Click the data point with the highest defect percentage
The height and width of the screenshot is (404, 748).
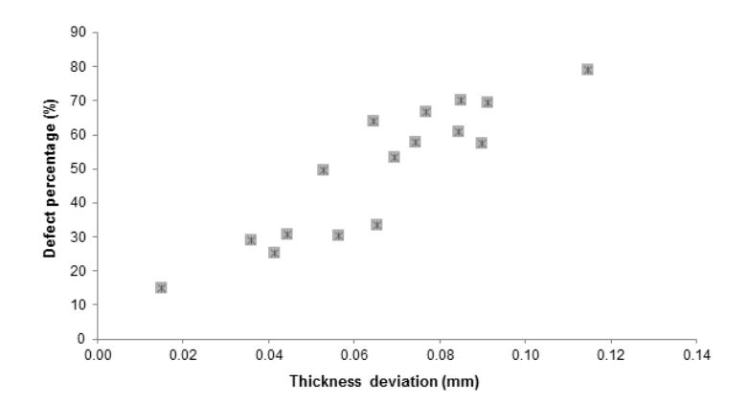click(x=587, y=70)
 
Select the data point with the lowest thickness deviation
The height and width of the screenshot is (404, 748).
click(x=161, y=287)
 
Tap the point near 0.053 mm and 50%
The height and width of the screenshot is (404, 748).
click(x=323, y=169)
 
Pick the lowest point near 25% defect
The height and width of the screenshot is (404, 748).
click(x=274, y=253)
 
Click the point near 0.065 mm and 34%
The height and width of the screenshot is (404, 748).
click(x=376, y=225)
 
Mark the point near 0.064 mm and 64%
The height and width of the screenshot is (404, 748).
click(x=374, y=121)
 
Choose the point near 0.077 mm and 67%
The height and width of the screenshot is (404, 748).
click(x=425, y=112)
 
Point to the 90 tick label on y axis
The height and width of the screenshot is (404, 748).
click(x=79, y=32)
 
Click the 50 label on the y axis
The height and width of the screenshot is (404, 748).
click(x=79, y=168)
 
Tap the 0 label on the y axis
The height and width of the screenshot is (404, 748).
click(x=81, y=339)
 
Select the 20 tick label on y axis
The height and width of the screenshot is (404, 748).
click(x=79, y=270)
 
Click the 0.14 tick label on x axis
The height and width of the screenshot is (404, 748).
click(x=696, y=355)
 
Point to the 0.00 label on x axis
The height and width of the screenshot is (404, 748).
click(x=98, y=355)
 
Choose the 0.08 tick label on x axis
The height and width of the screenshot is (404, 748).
click(x=440, y=355)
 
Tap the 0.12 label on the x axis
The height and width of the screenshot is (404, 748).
click(x=611, y=355)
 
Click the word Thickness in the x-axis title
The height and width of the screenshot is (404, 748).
click(x=326, y=382)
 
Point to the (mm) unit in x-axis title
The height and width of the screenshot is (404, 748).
click(x=461, y=382)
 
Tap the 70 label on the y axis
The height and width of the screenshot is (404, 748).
click(x=79, y=101)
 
